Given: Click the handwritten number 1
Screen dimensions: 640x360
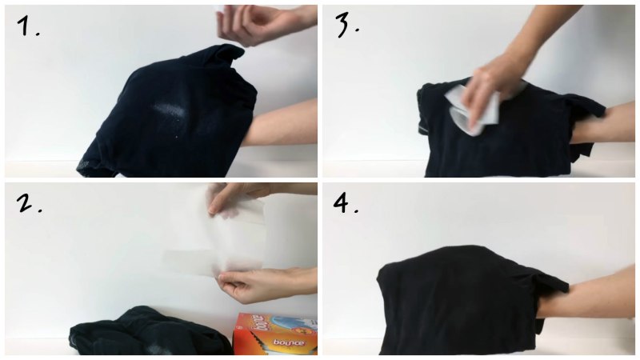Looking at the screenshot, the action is [x=27, y=26].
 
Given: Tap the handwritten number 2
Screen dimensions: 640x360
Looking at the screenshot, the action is [x=29, y=203].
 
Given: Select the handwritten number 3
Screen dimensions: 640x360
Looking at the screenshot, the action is [x=347, y=26].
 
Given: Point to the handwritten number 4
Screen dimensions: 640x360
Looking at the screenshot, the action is [x=346, y=203].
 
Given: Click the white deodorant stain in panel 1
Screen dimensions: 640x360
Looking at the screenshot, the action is [x=170, y=110].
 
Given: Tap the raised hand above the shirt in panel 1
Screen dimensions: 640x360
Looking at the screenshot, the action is [x=266, y=24].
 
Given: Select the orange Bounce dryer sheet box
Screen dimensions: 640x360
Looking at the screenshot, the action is [x=274, y=334].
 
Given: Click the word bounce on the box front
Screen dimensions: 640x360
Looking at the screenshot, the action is [x=289, y=342].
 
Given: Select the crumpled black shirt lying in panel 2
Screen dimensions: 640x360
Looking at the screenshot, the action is [x=150, y=331].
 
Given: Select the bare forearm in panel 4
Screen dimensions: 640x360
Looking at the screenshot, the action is [x=588, y=292].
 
